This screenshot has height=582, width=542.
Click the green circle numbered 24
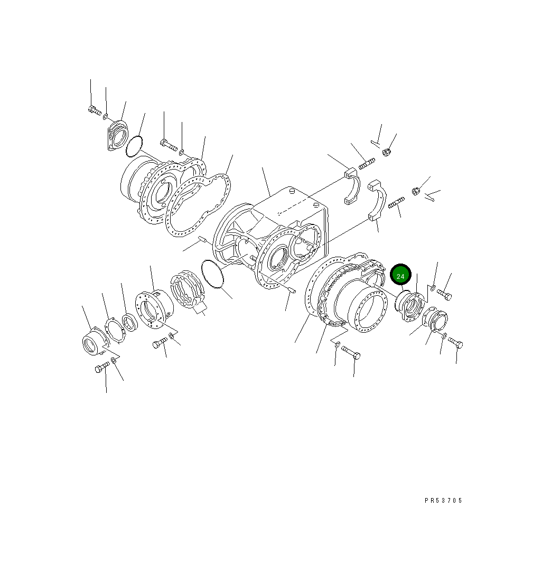click(x=400, y=276)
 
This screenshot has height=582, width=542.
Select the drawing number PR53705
click(x=443, y=501)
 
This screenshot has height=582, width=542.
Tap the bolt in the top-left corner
click(x=94, y=110)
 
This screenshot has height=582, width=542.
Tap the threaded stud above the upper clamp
click(x=367, y=164)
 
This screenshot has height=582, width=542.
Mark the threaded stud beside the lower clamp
click(x=396, y=203)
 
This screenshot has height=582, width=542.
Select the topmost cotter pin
click(x=376, y=142)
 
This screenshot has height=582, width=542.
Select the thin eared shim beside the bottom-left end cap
click(x=114, y=331)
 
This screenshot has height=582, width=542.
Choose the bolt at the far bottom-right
click(x=455, y=343)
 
